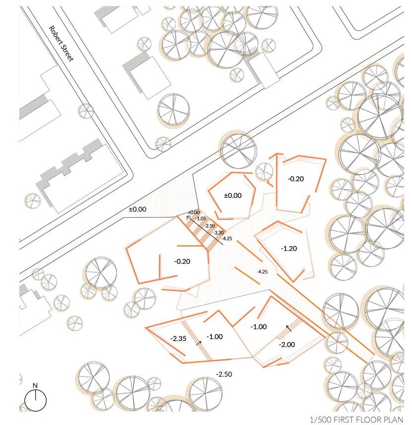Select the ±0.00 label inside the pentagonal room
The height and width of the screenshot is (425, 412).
232,196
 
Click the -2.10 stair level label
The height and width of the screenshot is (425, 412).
209,226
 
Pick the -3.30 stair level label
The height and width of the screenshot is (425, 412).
218,232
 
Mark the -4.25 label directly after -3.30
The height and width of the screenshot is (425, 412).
226,239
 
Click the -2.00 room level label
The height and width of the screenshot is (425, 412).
286,345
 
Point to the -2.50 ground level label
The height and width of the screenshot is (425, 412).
224,373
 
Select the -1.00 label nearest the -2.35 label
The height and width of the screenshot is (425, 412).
215,336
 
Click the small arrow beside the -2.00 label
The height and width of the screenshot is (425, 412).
287,328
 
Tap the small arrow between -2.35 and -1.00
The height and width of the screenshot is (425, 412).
199,342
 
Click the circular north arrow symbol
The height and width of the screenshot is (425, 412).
35,400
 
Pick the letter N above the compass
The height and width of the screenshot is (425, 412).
35,385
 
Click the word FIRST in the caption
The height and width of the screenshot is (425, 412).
345,419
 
